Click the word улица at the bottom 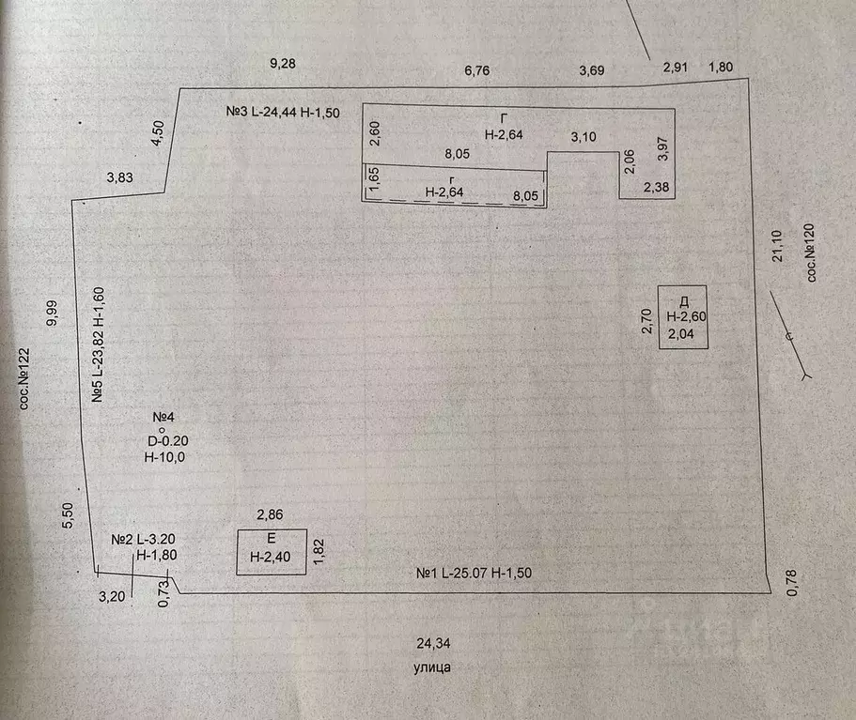(x=432, y=668)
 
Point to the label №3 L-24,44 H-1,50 (x=282, y=112)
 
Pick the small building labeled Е (x=272, y=552)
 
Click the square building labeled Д (x=683, y=317)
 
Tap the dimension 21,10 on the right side (x=777, y=246)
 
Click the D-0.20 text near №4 (x=168, y=440)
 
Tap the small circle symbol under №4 (x=162, y=429)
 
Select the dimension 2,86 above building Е (x=272, y=515)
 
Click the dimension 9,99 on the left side (x=52, y=312)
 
